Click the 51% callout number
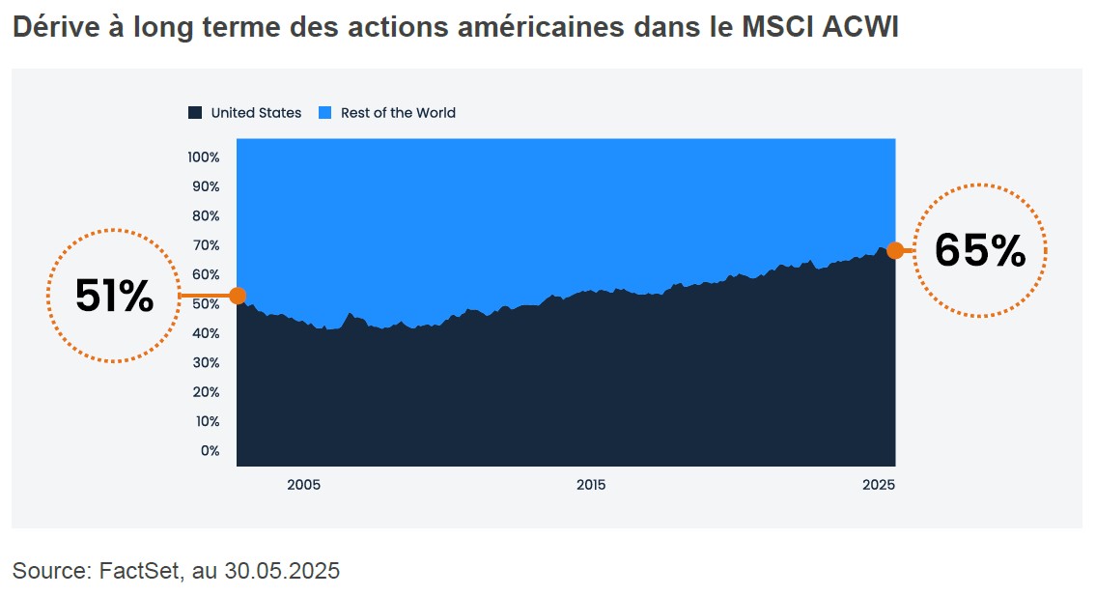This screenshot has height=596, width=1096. coord(114,297)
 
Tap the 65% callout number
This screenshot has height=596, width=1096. coord(979,251)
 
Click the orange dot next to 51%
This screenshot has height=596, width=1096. coord(238,296)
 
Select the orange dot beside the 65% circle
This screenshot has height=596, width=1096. coord(895,251)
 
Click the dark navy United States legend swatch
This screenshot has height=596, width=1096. coord(195,113)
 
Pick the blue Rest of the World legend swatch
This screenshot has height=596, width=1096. coord(324,113)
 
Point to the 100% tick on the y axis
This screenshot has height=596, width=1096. coord(204,156)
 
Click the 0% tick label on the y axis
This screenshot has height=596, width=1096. coord(210,450)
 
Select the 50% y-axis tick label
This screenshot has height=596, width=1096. coord(206,303)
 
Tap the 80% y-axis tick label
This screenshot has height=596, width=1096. coord(206,215)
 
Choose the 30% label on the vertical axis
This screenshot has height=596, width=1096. coord(206,362)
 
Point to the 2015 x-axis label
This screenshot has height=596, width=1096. coord(590,485)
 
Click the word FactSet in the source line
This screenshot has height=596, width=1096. coord(139,571)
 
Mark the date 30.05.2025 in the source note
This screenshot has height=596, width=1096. coord(282,571)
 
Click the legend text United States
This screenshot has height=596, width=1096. coord(256,113)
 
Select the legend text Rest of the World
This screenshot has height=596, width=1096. coord(398,113)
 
